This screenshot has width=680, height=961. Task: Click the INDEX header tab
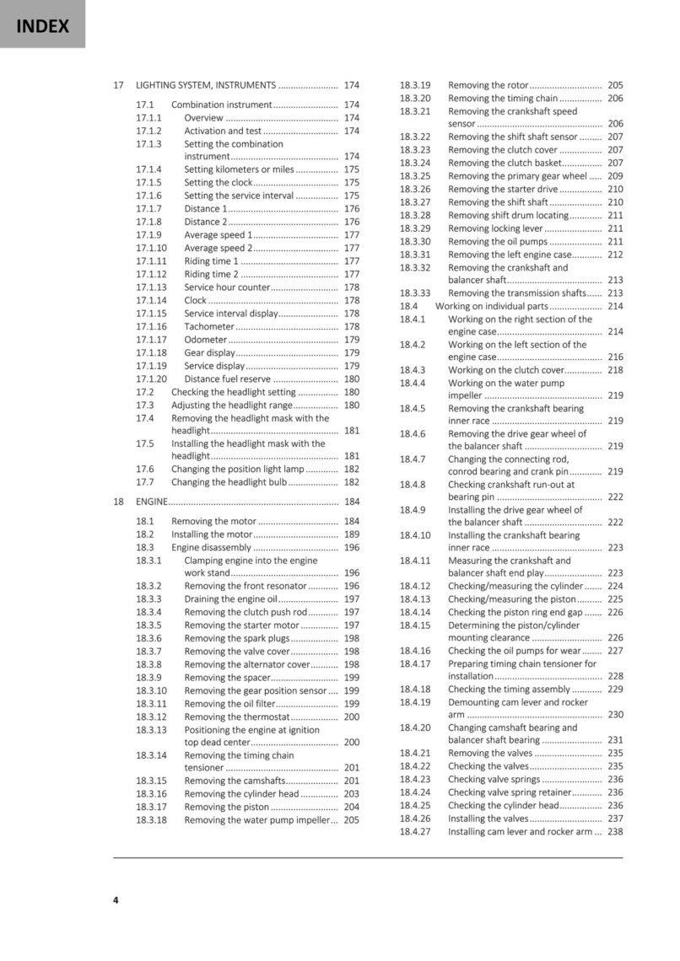point(42,25)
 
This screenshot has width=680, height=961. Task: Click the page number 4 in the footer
point(116,900)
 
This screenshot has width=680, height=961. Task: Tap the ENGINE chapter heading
point(152,502)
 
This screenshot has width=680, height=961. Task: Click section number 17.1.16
point(152,327)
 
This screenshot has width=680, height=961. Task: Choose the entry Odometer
point(206,340)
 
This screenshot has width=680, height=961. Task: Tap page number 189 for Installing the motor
point(352,534)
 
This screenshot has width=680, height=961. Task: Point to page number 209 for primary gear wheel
point(615,176)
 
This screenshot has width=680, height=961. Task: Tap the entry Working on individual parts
point(491,307)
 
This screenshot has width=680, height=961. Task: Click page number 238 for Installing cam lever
point(615,832)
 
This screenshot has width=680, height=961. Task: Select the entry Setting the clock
point(218,183)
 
